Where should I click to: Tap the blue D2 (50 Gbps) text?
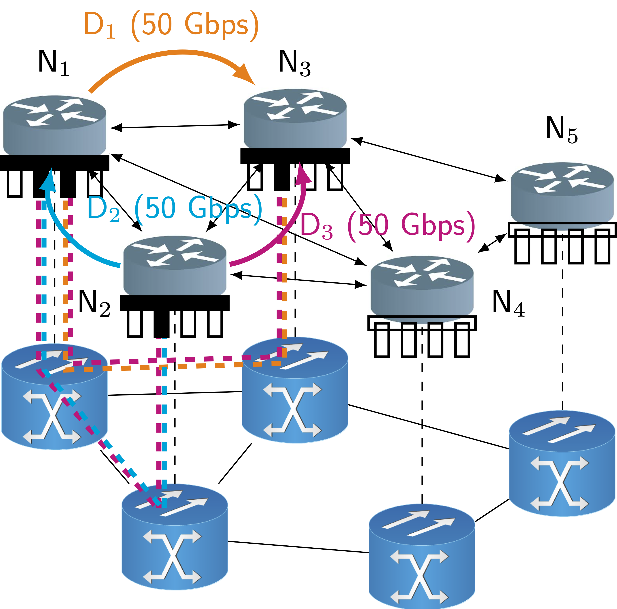pyautogui.click(x=174, y=209)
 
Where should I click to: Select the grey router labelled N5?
pyautogui.click(x=562, y=195)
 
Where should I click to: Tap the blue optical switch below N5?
pyautogui.click(x=562, y=463)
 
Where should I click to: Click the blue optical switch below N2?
pyautogui.click(x=175, y=536)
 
